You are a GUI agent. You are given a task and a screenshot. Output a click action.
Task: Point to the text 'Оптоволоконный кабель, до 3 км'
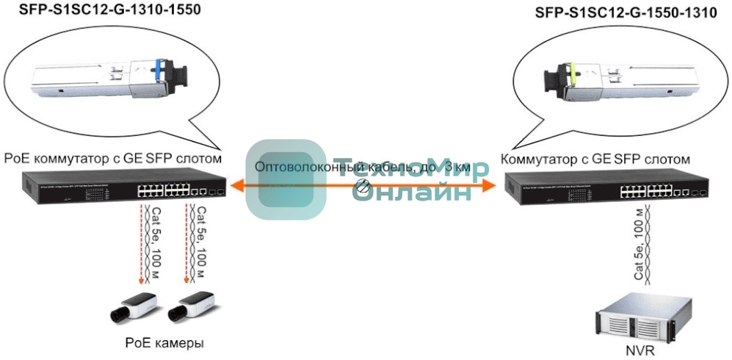361,168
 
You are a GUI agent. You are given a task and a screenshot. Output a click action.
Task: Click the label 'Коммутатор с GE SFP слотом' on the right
595,159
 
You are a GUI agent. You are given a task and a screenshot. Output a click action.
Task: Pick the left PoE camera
133,308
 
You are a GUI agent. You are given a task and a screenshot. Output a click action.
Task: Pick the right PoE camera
190,308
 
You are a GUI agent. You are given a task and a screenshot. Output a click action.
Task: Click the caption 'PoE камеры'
164,343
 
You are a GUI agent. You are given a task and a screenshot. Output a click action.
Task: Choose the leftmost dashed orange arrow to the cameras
140,245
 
